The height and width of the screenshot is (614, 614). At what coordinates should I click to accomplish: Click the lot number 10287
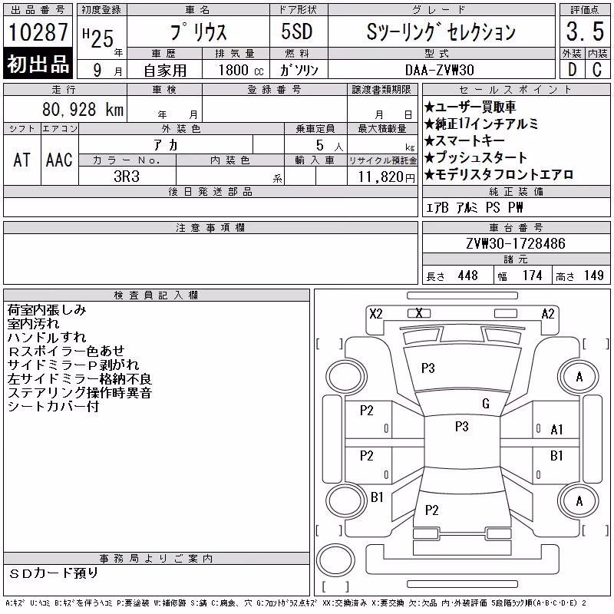(x=38, y=31)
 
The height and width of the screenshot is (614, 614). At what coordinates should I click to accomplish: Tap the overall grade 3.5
(x=585, y=31)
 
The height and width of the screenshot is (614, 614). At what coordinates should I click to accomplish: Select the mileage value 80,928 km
(x=83, y=110)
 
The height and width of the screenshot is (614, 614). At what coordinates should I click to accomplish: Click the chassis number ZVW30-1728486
(x=516, y=243)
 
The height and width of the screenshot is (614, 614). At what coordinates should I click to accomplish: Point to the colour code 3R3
(x=127, y=177)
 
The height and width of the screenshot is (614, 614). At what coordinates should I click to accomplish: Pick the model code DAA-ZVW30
(x=440, y=70)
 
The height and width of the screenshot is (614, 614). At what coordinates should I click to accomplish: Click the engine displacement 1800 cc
(x=241, y=70)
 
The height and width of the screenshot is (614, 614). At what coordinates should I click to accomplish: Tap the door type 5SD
(x=297, y=31)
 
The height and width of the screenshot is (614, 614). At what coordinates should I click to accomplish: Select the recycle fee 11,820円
(x=386, y=177)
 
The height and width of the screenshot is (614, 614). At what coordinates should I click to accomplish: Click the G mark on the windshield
(x=486, y=404)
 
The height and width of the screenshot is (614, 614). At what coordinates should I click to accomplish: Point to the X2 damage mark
(x=376, y=314)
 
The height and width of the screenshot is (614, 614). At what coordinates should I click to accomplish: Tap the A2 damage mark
(x=548, y=314)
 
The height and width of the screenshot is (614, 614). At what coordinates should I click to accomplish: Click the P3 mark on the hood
(x=428, y=368)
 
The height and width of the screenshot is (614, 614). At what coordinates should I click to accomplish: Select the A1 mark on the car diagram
(x=556, y=430)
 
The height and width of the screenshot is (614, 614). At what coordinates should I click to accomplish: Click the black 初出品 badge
(x=38, y=63)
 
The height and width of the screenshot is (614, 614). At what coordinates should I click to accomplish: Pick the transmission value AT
(x=21, y=160)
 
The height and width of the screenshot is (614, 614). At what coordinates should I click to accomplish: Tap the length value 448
(x=467, y=276)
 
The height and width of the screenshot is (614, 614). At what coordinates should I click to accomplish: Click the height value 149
(x=593, y=276)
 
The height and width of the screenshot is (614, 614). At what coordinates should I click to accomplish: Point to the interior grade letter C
(x=597, y=70)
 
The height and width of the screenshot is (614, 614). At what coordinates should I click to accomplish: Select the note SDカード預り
(x=54, y=573)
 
